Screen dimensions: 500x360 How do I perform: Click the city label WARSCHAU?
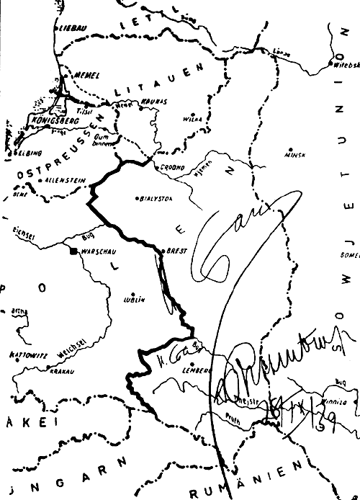pos(99,252)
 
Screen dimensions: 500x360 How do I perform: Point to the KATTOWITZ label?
pos(28,354)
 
